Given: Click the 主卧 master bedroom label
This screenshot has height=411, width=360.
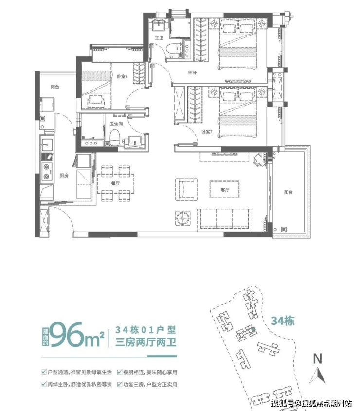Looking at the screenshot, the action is point(192,72).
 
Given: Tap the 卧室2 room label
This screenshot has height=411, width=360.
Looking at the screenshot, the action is point(207,132).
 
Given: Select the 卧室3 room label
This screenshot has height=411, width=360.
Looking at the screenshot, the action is point(122,77).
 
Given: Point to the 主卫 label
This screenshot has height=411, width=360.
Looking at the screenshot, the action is point(159,38).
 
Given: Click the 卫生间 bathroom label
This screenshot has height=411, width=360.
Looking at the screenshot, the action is point(116,124).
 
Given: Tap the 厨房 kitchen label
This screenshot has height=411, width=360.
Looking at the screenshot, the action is point(64,176).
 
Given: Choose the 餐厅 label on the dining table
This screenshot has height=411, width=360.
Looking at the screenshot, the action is point(115,183).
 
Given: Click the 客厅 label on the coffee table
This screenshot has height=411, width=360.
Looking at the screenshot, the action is point(225,190).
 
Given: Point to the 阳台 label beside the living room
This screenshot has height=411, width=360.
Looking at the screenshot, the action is point(288,192).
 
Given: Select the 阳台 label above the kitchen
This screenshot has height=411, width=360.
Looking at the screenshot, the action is point(55,87).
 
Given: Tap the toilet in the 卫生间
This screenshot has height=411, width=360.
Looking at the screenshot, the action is point(115,137).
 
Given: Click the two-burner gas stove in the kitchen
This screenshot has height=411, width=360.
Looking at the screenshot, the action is point(47,171).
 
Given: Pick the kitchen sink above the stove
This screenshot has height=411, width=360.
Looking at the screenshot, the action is point(47,145).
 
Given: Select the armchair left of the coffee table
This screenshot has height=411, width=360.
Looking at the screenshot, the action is point(186,189).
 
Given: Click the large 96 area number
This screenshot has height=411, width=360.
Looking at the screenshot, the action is point(69,335).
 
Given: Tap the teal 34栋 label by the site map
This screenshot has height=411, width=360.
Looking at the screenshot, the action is point(283,321).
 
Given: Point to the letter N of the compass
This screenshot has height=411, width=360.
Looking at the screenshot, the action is point(318,358).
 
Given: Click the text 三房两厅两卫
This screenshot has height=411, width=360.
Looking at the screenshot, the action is point(146,342).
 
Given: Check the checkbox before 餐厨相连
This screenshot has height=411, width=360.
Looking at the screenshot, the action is point(120,372).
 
